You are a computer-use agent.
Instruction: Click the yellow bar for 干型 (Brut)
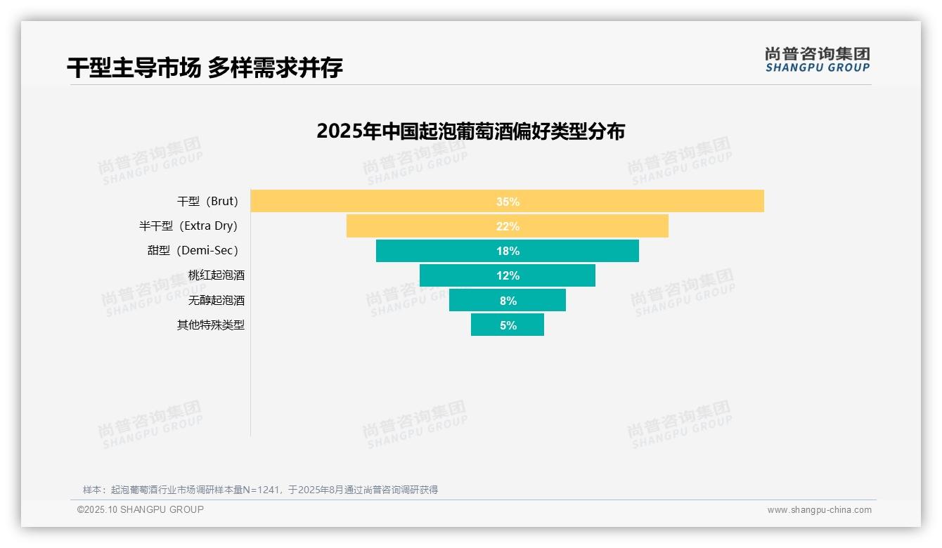click(507, 201)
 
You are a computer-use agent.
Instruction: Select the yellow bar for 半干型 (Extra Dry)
click(507, 226)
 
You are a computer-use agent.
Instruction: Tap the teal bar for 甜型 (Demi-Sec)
click(507, 251)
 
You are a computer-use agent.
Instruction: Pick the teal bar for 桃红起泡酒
click(507, 275)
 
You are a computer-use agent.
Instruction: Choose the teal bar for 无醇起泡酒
click(507, 300)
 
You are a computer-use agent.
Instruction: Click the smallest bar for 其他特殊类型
click(507, 325)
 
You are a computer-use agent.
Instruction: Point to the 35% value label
click(508, 202)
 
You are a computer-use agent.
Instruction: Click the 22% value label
click(508, 226)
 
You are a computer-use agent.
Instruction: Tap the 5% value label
click(508, 325)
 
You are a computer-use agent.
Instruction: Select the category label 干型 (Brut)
click(208, 202)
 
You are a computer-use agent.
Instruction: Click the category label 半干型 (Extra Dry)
click(188, 226)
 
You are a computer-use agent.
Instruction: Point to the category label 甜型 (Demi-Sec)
click(193, 251)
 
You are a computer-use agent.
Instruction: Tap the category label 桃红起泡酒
click(216, 275)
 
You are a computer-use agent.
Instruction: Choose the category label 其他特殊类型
click(211, 325)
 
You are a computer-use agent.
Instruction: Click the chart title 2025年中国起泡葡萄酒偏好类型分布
click(470, 131)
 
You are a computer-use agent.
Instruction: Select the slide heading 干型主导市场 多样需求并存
click(205, 67)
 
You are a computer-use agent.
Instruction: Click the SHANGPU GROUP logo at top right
click(817, 60)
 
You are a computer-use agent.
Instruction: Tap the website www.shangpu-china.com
click(819, 510)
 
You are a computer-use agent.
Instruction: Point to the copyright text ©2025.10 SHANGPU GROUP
click(140, 510)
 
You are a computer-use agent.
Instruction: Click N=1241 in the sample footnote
click(261, 490)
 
